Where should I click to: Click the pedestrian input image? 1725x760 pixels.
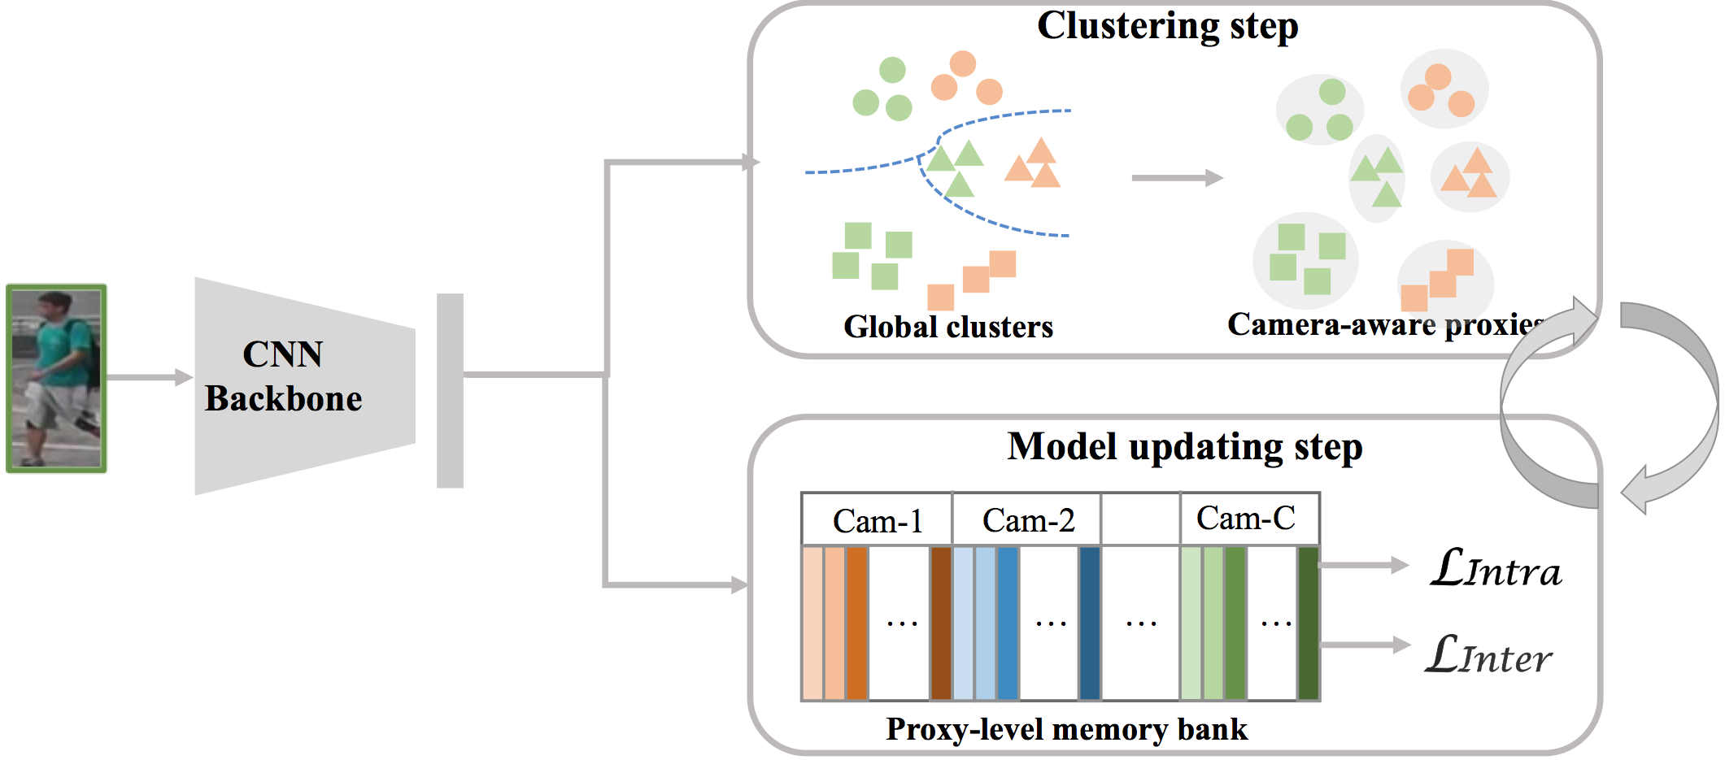[x=56, y=378]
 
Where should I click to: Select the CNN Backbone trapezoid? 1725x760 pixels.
[x=305, y=386]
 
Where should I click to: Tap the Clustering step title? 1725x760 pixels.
[x=1167, y=26]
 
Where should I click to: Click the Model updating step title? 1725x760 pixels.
[x=1185, y=447]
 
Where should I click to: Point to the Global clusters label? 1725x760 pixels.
[x=948, y=327]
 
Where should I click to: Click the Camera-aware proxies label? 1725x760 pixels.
[x=1386, y=324]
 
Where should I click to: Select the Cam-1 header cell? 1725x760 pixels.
[x=877, y=519]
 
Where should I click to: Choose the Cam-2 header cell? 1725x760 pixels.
[x=1027, y=519]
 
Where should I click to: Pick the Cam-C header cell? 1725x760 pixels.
[x=1249, y=518]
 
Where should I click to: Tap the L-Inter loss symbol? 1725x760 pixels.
[x=1488, y=654]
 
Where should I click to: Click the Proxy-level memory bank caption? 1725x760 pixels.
[x=1066, y=729]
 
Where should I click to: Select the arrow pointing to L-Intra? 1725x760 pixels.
[x=1364, y=565]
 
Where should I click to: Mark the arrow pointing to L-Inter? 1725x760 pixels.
[x=1365, y=645]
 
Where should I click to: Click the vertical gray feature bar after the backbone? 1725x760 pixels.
[x=450, y=391]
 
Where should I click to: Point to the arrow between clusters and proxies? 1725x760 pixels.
[x=1178, y=177]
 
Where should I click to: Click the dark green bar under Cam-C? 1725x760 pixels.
[x=1308, y=623]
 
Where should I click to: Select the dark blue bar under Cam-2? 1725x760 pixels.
[x=1090, y=623]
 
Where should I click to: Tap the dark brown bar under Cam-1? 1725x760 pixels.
[x=941, y=623]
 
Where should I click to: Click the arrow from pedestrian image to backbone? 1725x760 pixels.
[x=150, y=377]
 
